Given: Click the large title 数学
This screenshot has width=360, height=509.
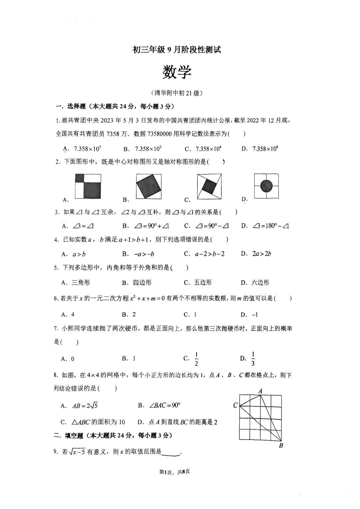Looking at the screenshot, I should (x=177, y=72).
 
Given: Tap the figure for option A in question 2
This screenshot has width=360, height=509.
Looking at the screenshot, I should (x=88, y=186).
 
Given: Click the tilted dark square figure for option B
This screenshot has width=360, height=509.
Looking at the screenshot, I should (x=149, y=186).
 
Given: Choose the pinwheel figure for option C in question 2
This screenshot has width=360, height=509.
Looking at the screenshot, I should (x=209, y=186).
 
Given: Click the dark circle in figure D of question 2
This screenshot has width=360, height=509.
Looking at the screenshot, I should (x=266, y=186).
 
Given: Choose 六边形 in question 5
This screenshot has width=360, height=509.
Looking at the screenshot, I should (x=260, y=283).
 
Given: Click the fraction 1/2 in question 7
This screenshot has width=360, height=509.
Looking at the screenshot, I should (x=196, y=359).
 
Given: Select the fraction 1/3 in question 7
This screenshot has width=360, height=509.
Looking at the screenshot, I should (x=253, y=359).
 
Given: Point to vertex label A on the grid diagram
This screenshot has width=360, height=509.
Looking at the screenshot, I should (x=260, y=391).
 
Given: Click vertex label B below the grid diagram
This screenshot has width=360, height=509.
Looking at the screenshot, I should (x=281, y=446).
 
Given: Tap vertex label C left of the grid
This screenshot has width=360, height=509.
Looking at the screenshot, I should (x=235, y=405).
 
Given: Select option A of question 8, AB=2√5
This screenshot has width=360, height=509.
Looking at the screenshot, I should (x=85, y=406).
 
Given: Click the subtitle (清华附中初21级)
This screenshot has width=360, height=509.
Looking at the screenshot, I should (x=177, y=93).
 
